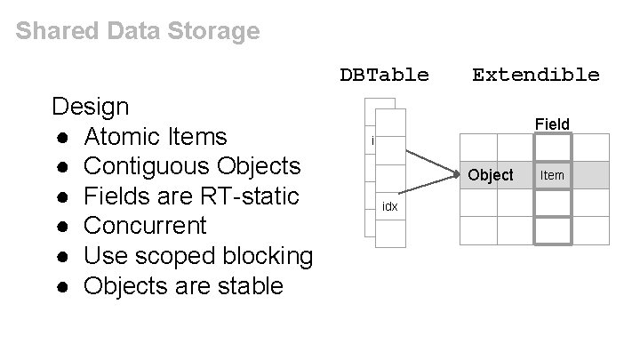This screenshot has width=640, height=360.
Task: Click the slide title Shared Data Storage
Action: point(138,32)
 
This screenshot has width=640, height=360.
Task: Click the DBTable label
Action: point(384,75)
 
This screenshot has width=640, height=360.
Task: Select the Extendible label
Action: point(535,75)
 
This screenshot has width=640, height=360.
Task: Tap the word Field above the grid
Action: point(552,124)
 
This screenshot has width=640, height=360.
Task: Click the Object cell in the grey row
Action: point(491,175)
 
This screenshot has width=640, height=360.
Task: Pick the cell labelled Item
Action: point(552,175)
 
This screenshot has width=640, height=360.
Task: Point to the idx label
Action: point(389,207)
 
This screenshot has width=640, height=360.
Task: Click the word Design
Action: point(91,108)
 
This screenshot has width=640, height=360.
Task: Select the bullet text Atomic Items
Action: point(156,137)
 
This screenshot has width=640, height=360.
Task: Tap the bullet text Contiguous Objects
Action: point(192,167)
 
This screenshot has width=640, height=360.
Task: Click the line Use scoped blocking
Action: point(198,256)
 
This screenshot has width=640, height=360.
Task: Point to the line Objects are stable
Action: point(183,286)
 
